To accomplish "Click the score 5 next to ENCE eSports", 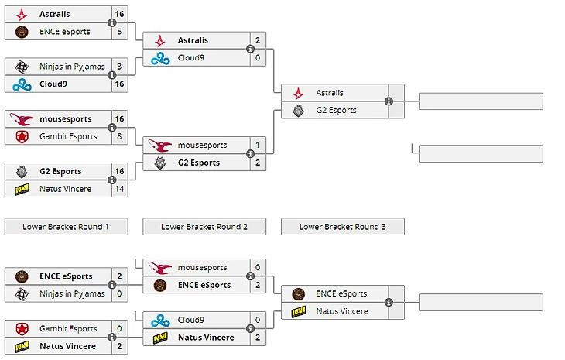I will [x=118, y=32].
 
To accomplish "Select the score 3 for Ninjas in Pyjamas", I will [x=118, y=67].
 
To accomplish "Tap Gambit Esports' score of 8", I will [x=118, y=136].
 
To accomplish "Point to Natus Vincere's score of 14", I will [x=118, y=189].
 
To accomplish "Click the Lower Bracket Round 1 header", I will [x=66, y=227].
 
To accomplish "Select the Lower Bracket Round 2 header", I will [x=204, y=227].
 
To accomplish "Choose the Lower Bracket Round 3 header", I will [x=342, y=227].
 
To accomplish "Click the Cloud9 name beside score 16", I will [x=54, y=84].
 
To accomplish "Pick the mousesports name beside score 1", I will [x=203, y=145].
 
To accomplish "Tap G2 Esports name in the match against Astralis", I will [x=337, y=110].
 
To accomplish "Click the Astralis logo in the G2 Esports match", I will [x=298, y=93].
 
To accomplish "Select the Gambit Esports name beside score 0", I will [x=68, y=329].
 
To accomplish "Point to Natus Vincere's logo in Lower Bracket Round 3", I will [x=298, y=311].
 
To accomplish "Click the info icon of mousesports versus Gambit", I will [x=112, y=128].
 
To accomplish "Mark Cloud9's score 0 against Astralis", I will [x=257, y=58].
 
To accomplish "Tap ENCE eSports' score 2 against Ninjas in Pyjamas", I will [x=118, y=276].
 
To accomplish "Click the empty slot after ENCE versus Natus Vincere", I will [x=481, y=302].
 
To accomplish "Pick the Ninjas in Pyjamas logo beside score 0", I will [x=21, y=293].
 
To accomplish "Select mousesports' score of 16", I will [x=118, y=119].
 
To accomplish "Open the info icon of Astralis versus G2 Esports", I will [x=389, y=101].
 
